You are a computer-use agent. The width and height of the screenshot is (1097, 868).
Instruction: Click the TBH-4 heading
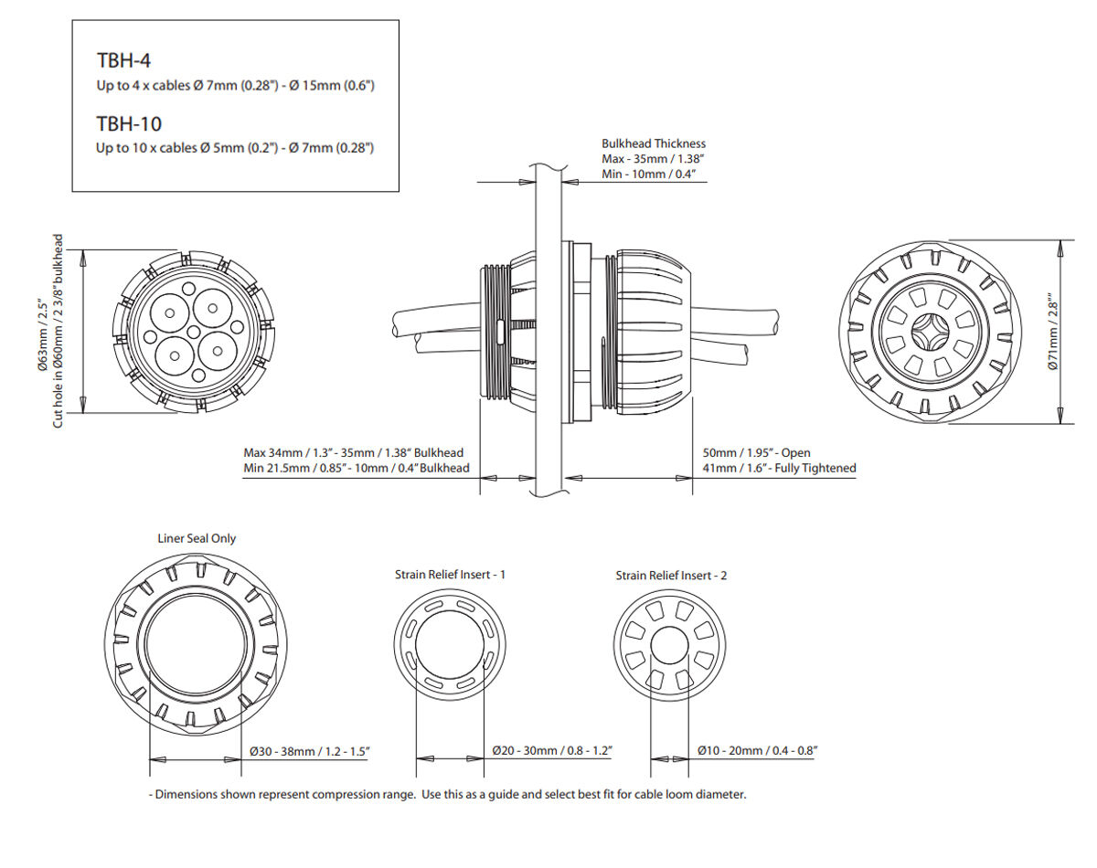[x=123, y=61]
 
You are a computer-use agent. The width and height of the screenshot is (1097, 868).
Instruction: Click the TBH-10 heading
[x=129, y=123]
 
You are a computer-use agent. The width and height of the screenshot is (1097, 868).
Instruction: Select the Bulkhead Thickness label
[x=653, y=143]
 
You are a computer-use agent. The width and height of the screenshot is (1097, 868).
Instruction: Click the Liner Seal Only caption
[x=197, y=538]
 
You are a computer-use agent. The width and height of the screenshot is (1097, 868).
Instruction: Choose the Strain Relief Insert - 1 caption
[x=450, y=574]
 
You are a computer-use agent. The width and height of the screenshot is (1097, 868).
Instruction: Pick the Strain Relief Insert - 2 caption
[x=671, y=576]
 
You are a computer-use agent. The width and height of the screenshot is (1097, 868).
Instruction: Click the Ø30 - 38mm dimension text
[x=309, y=751]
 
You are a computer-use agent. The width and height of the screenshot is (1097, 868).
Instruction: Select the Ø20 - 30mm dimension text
[x=551, y=750]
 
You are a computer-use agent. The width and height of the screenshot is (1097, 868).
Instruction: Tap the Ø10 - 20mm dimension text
[x=756, y=750]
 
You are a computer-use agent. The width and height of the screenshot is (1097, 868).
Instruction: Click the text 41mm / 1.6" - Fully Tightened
[x=779, y=468]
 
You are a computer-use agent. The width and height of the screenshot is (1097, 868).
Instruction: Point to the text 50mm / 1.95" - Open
[x=756, y=452]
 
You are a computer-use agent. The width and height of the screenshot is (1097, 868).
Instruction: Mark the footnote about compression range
[x=447, y=794]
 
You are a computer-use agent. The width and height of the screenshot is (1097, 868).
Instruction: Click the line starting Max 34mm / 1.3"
[x=353, y=452]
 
